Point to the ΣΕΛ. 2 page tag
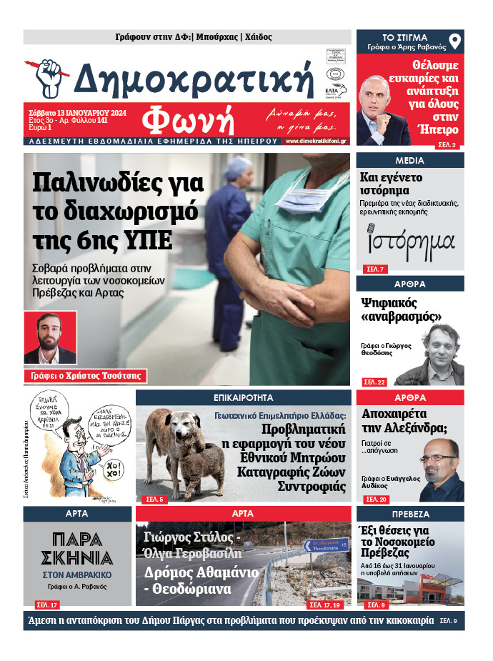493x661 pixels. (449, 144)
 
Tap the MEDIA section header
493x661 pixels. (409, 160)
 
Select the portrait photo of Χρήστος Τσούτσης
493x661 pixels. (50, 337)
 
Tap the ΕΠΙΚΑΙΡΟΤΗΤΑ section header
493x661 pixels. (242, 397)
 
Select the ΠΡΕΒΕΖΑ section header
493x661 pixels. (409, 514)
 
